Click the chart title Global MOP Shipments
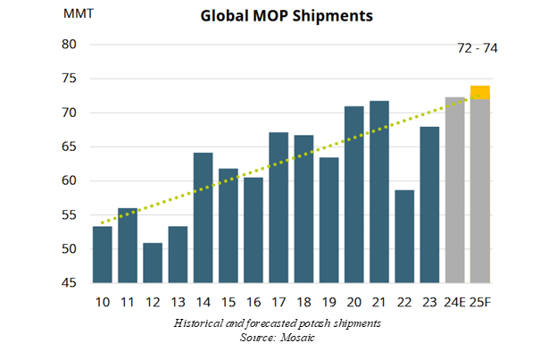(287, 15)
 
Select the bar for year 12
(153, 263)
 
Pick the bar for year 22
(404, 237)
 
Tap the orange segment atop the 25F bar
(480, 92)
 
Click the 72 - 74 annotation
(477, 47)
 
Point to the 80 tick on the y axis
(71, 45)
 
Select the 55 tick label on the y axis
(71, 215)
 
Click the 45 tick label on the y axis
(71, 283)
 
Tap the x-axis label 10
(102, 303)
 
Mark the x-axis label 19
(328, 303)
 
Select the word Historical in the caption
(202, 322)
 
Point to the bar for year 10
(102, 255)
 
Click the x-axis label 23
(429, 303)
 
